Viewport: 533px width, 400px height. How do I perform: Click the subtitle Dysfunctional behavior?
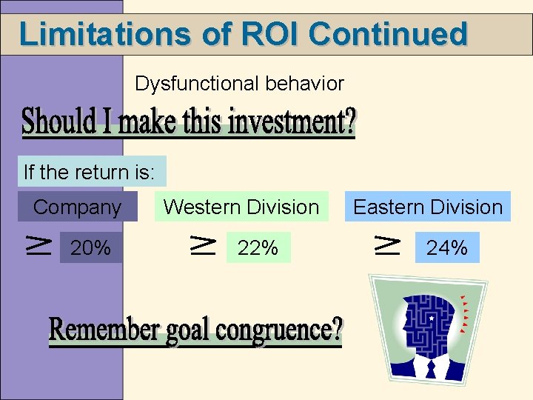click(x=239, y=84)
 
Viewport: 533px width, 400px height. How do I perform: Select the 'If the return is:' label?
click(x=90, y=173)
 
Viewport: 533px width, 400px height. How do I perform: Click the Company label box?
click(x=78, y=207)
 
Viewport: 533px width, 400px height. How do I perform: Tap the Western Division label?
click(x=241, y=207)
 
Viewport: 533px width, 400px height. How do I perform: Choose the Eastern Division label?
click(x=428, y=207)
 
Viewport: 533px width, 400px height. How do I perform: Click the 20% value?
click(x=90, y=248)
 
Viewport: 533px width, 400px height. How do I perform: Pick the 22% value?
click(x=258, y=248)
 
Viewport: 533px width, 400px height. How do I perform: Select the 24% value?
click(x=447, y=247)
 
